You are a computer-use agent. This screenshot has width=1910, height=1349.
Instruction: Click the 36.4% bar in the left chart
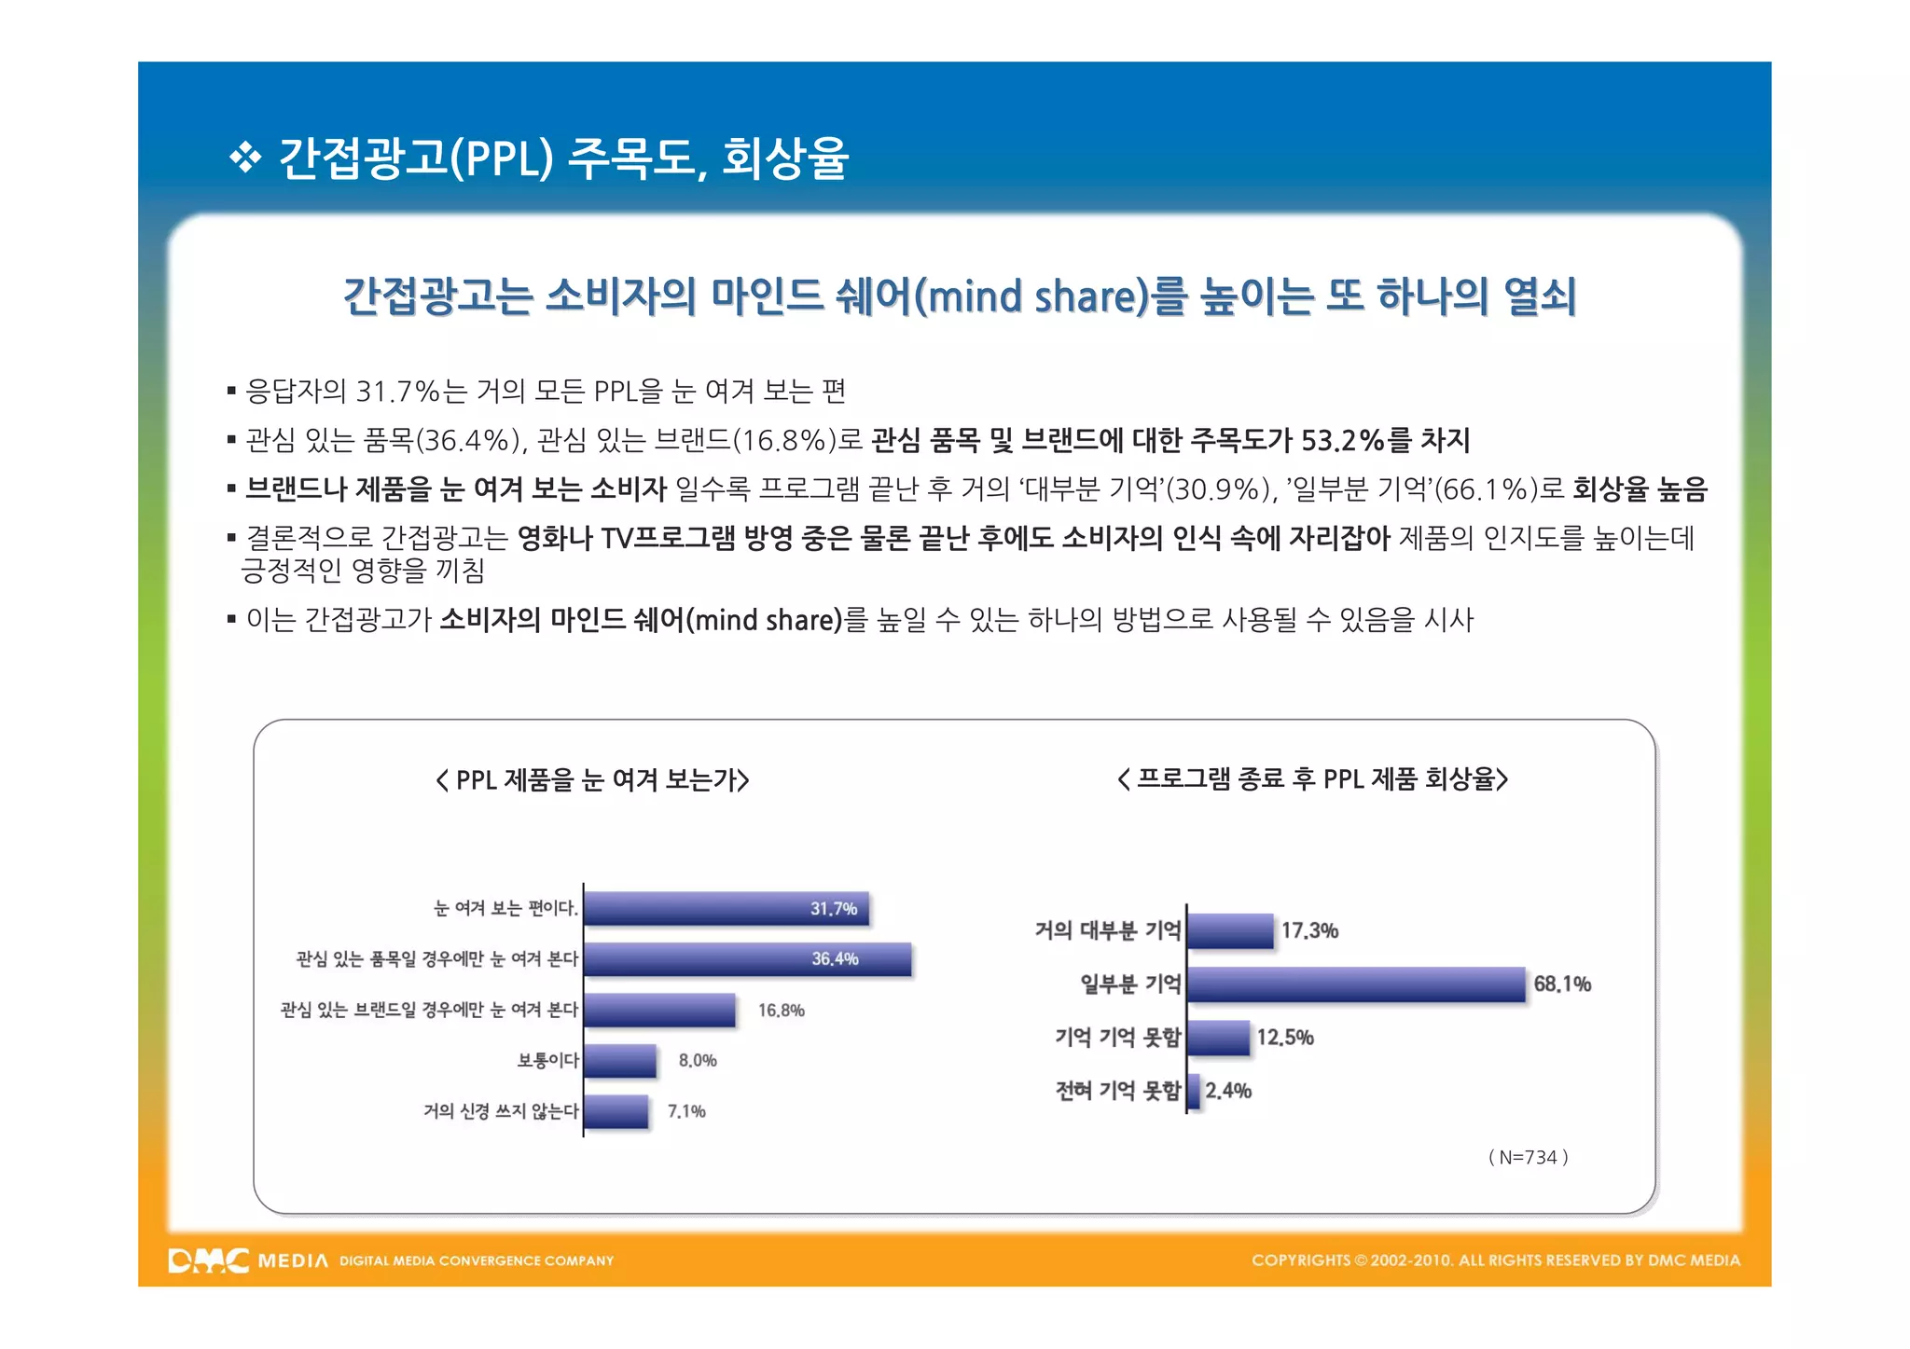click(746, 959)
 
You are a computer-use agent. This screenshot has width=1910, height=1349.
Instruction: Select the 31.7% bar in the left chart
click(726, 909)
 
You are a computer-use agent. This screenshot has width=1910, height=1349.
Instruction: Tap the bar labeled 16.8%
click(659, 1010)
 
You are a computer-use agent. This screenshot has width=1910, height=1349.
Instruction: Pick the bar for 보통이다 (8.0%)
click(620, 1061)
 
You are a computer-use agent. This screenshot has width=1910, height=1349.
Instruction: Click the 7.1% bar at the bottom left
click(616, 1111)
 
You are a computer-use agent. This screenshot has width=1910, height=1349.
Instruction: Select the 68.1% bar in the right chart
click(1356, 984)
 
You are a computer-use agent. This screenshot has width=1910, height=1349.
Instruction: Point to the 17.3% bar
click(1230, 931)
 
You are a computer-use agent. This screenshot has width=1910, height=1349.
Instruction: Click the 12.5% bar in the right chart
click(1218, 1038)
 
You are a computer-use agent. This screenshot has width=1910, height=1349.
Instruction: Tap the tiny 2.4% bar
click(1194, 1091)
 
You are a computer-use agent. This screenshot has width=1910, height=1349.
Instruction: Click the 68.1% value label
click(1562, 984)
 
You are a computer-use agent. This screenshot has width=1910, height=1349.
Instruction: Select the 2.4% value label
click(1228, 1091)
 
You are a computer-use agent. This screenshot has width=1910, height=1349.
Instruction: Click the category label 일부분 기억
click(1130, 984)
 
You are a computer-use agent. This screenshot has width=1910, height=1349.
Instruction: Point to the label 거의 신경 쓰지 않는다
click(501, 1111)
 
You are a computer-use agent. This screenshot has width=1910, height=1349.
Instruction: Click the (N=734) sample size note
click(1528, 1157)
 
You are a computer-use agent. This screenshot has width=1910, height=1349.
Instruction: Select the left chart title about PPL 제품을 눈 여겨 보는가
click(593, 779)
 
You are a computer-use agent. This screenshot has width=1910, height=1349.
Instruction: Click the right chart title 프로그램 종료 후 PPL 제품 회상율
click(1312, 778)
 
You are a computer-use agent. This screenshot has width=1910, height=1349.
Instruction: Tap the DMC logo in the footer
click(209, 1260)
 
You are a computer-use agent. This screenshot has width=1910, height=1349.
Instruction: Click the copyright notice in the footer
click(1495, 1260)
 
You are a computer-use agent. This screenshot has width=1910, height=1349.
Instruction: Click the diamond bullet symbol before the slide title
click(245, 158)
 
